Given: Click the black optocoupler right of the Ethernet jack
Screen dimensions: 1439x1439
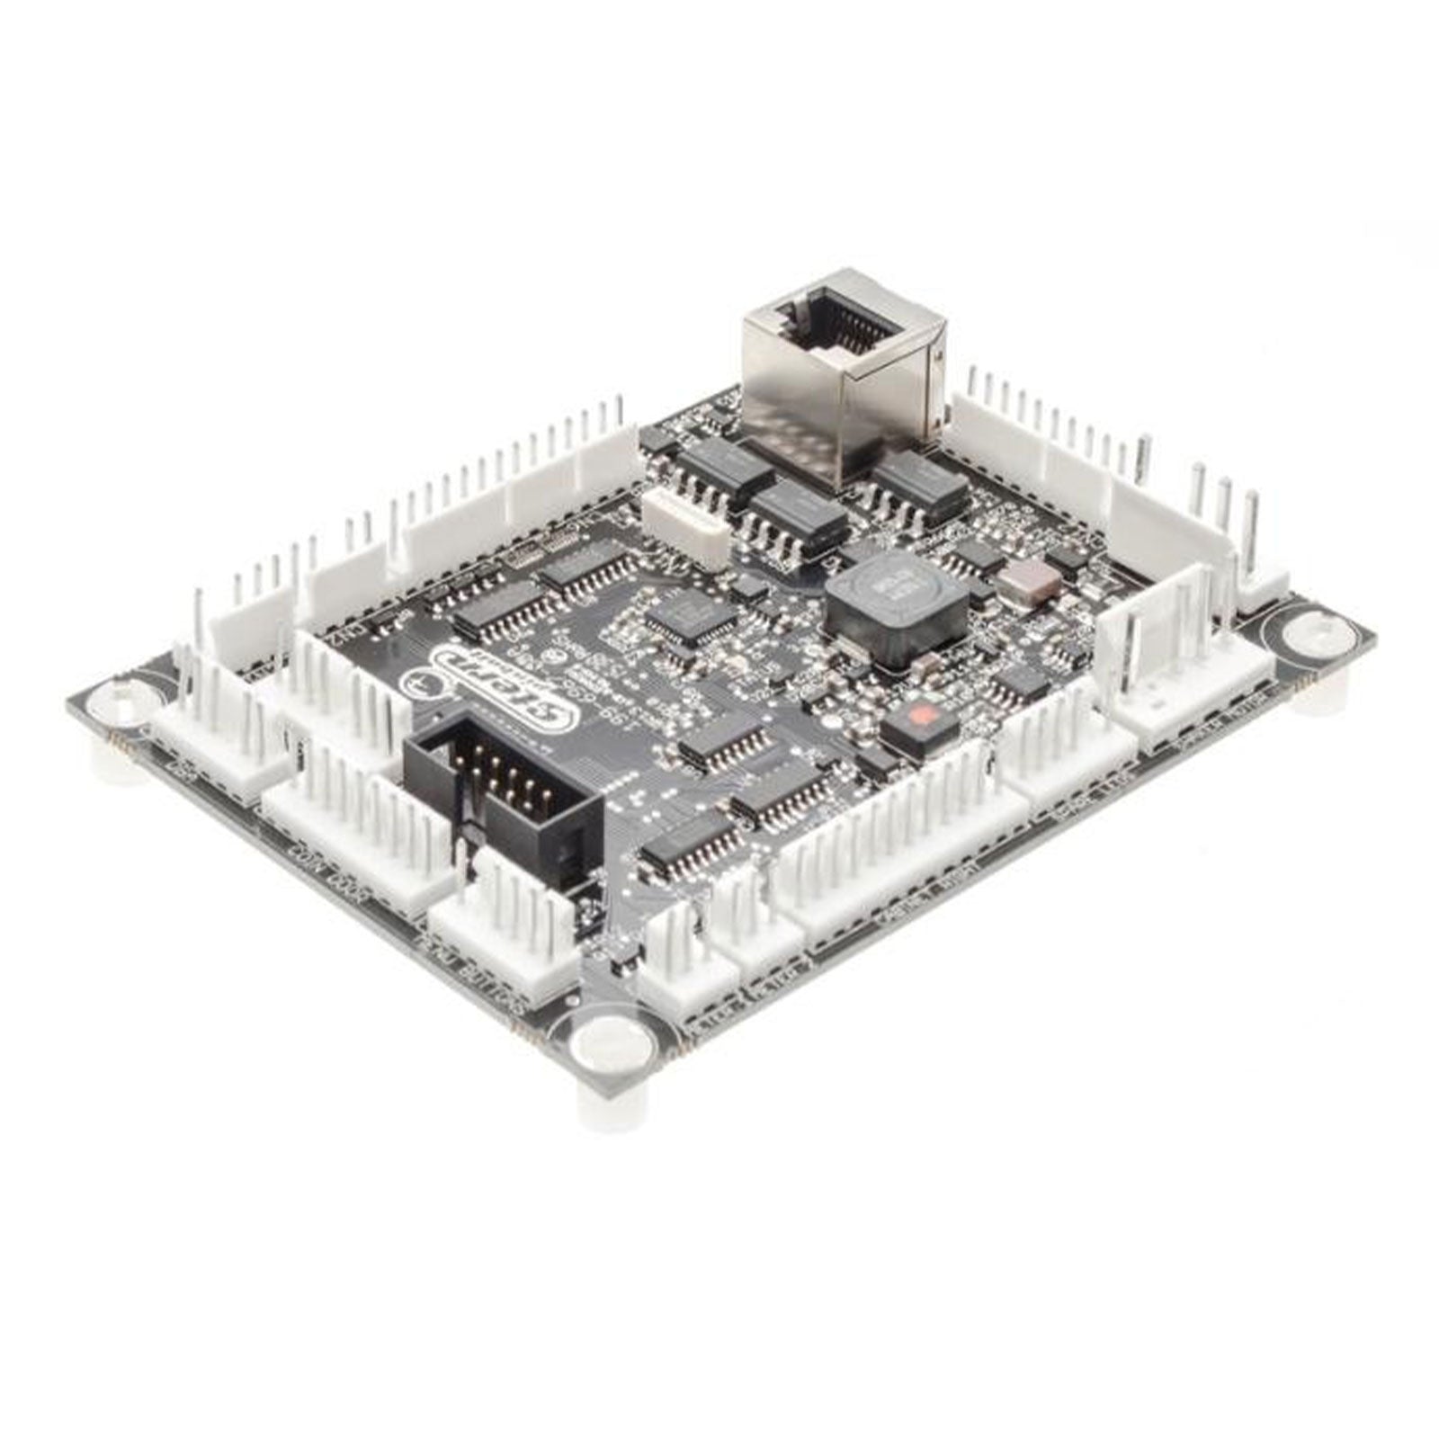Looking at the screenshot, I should point(918,481).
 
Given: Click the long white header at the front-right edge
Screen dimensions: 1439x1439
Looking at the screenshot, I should point(899,854).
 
